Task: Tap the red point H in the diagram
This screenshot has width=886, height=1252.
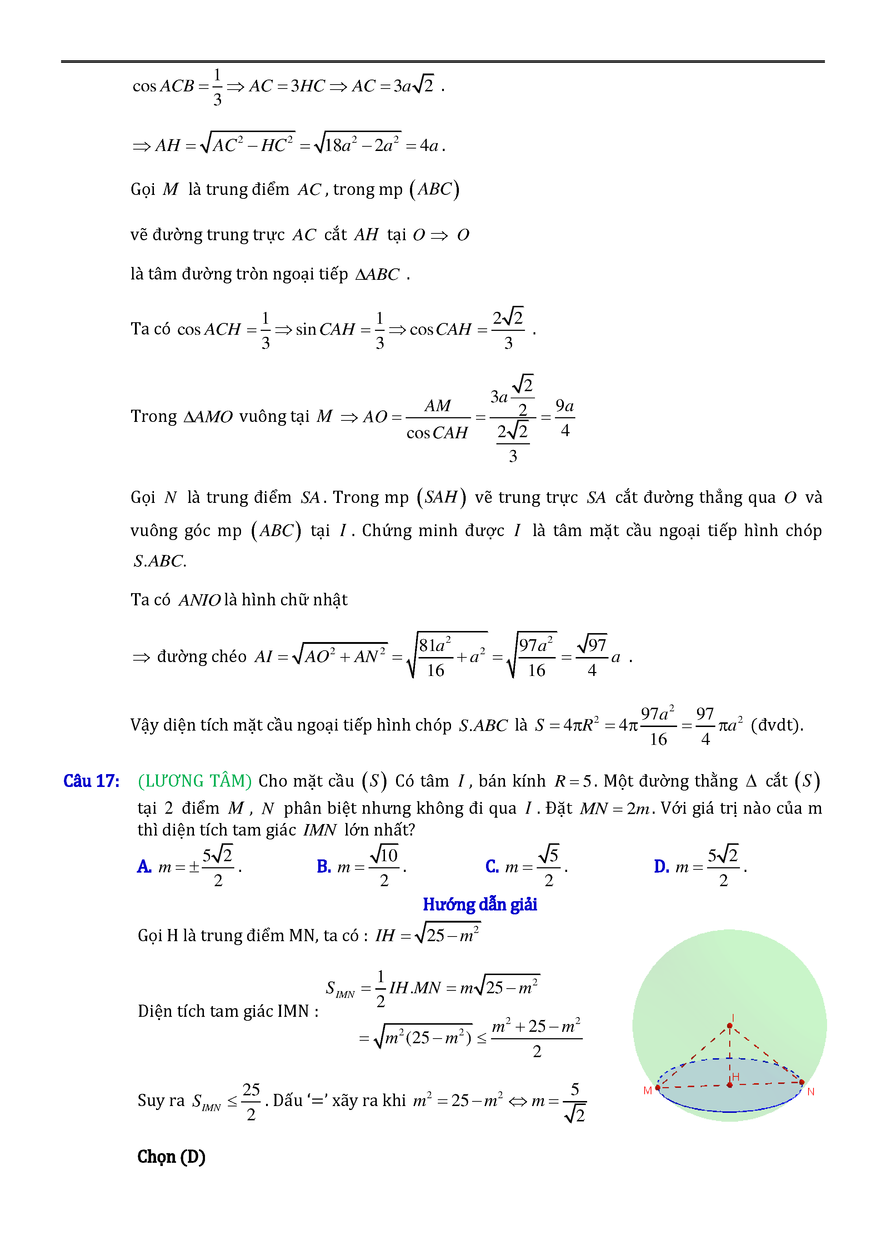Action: [x=730, y=1085]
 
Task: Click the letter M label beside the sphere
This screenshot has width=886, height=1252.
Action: [x=647, y=1091]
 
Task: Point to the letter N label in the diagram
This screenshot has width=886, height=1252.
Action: [x=811, y=1092]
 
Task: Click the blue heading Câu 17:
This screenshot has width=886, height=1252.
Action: [x=91, y=781]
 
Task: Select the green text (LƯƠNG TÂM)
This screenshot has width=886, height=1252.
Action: [x=194, y=781]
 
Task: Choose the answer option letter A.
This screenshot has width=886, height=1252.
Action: [x=144, y=867]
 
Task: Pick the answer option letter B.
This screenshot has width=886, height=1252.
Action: [x=324, y=867]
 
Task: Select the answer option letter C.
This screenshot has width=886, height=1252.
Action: [x=491, y=867]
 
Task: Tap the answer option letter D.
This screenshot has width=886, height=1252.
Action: [x=661, y=867]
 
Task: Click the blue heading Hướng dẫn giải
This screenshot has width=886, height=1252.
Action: [x=480, y=905]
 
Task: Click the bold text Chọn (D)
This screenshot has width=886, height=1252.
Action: [x=171, y=1157]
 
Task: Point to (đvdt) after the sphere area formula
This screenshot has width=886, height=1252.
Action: [x=776, y=725]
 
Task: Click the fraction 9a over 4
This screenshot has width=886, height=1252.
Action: [x=565, y=418]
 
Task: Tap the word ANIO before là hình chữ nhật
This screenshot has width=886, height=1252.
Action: [x=200, y=600]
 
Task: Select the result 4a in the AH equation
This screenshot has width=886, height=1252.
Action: [x=429, y=146]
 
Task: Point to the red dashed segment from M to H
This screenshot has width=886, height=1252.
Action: [x=693, y=1086]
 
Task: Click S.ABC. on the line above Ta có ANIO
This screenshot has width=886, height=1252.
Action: [x=159, y=561]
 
